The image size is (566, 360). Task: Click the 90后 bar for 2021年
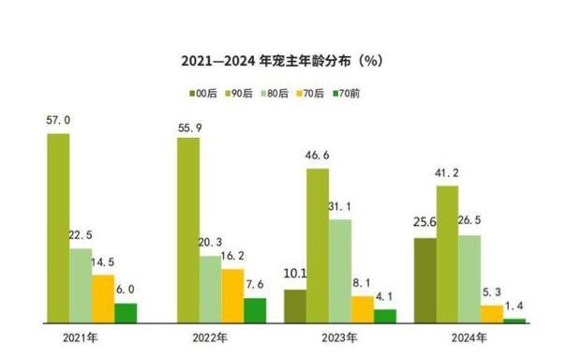[58, 228]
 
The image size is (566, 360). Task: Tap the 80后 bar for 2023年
[340, 271]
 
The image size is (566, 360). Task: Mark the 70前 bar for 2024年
[514, 321]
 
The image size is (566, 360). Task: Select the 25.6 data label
[424, 223]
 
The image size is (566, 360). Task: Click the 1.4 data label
[514, 306]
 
